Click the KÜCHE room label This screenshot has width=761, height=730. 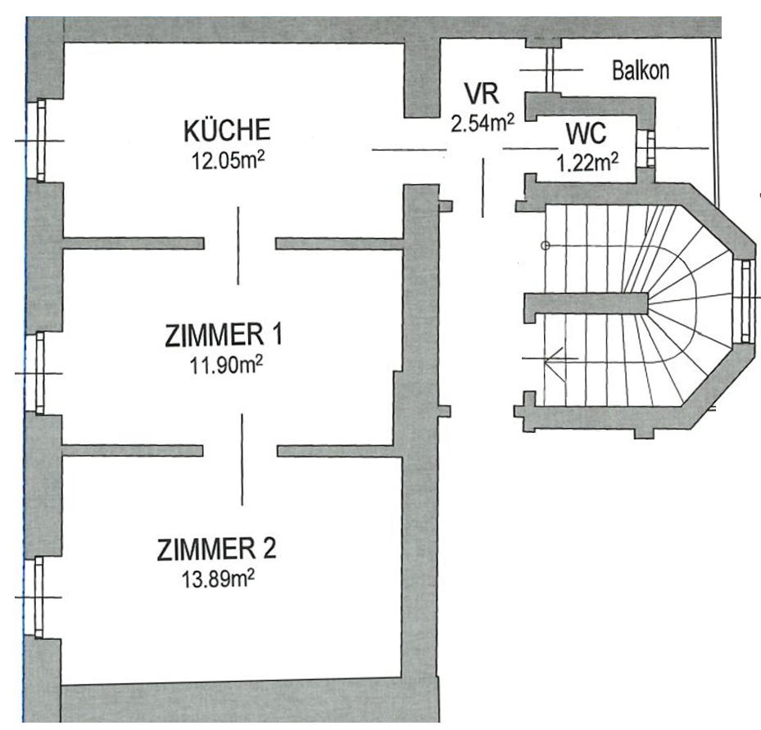227,130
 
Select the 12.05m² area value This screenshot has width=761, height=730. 228,160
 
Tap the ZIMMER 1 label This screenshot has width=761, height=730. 224,335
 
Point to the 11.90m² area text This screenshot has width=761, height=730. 227,365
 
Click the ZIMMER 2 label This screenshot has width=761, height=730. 216,549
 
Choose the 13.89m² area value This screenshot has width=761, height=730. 219,579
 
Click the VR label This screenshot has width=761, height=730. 481,93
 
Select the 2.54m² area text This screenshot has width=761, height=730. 482,123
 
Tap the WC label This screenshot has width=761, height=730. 586,133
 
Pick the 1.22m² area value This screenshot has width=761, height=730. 587,163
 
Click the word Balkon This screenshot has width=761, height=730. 640,70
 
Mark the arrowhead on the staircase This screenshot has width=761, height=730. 553,358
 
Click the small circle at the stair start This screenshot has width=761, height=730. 545,246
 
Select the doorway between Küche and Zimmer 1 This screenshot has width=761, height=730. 240,243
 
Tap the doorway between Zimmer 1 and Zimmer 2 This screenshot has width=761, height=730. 240,451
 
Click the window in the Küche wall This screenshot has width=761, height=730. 40,141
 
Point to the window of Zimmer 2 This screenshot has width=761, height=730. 39,597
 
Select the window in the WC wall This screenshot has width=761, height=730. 649,149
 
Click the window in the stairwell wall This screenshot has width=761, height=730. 745,300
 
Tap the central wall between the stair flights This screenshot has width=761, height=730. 587,304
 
